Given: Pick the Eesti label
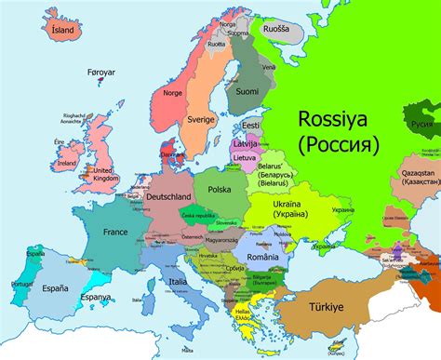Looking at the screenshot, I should coord(249,126).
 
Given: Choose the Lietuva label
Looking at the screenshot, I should coord(244,159).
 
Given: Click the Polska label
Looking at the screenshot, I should coord(220,189).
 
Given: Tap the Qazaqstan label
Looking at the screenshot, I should coord(416,175).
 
